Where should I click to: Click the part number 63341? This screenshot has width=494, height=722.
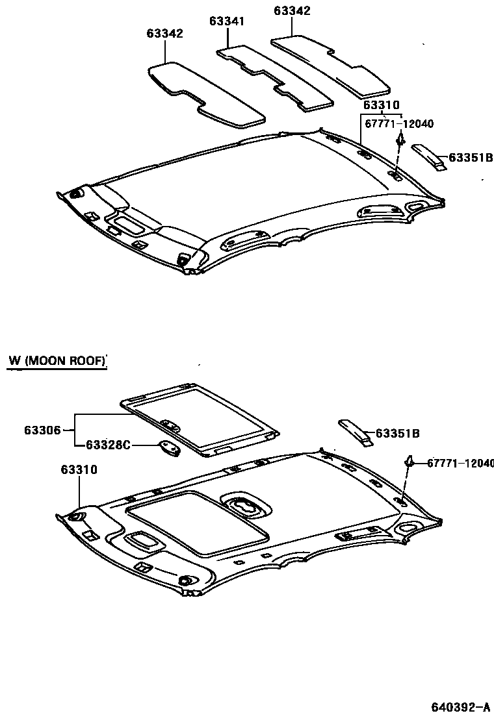[227, 21]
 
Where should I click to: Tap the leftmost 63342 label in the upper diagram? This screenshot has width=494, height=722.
[164, 34]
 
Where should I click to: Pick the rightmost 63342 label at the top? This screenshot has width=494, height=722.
[292, 11]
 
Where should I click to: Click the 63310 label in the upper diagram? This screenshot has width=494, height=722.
[381, 105]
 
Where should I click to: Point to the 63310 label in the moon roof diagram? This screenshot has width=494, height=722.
[79, 469]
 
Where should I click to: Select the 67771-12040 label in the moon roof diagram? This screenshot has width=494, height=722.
[460, 463]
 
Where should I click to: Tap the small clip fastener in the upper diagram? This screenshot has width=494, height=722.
[401, 139]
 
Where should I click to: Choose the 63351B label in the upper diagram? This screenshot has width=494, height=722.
[471, 157]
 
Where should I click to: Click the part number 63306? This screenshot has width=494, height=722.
[43, 429]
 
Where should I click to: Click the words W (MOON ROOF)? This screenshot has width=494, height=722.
[57, 360]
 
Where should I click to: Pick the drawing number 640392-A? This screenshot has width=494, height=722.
[460, 706]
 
